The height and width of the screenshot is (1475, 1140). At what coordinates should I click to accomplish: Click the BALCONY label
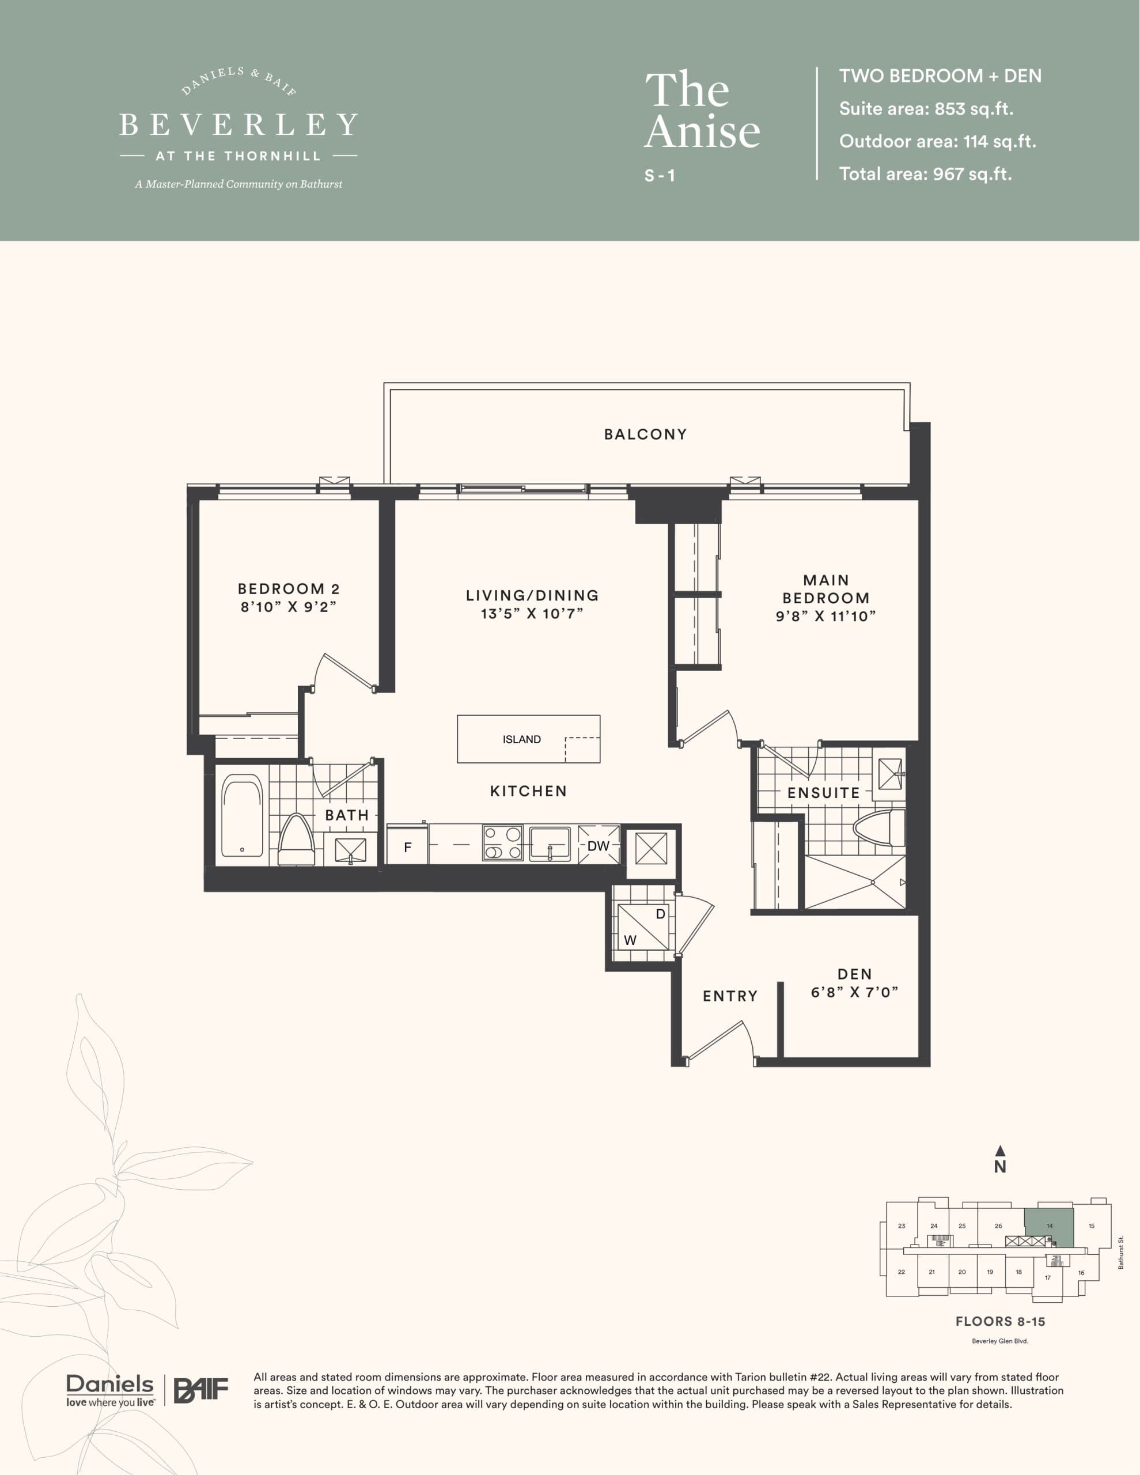(x=645, y=434)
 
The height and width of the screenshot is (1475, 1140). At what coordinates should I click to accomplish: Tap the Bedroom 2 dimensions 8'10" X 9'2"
(x=289, y=607)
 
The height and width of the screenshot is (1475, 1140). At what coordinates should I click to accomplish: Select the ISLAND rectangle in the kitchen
(x=528, y=739)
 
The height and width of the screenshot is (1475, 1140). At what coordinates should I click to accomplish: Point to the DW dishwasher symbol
(x=599, y=846)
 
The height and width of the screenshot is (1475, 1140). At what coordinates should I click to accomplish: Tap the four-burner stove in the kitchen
(x=502, y=843)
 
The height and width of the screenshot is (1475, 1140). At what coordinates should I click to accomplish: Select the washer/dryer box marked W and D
(x=643, y=926)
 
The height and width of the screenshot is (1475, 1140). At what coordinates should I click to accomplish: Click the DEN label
(x=854, y=974)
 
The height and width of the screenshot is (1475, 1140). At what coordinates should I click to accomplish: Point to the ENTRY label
(x=730, y=996)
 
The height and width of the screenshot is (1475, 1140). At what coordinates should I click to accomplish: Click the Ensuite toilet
(x=878, y=828)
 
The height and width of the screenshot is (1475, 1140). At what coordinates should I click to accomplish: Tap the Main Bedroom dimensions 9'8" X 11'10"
(x=825, y=616)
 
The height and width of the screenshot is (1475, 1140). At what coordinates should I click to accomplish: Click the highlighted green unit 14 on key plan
(x=1049, y=1226)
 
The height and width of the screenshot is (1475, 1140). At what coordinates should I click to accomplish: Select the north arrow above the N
(x=1000, y=1150)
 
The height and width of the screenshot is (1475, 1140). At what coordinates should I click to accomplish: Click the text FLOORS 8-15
(x=999, y=1321)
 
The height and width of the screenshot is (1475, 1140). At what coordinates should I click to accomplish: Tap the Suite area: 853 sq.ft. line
(x=926, y=109)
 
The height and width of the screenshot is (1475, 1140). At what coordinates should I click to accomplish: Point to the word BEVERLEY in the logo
(x=238, y=125)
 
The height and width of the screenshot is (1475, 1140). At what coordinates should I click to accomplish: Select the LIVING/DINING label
(x=532, y=595)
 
